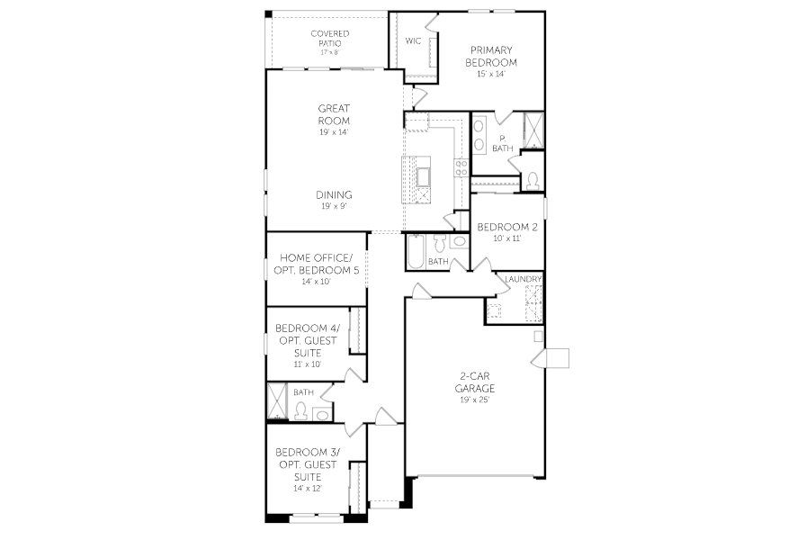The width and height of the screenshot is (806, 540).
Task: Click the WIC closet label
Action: coord(414,41)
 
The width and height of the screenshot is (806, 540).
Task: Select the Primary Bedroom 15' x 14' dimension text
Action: coord(490,74)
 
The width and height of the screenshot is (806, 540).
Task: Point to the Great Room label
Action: coord(334,114)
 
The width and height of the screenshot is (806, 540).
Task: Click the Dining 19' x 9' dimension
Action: coord(334,206)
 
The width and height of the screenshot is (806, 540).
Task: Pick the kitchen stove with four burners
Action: coord(461,166)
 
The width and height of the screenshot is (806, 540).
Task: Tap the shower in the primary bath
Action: coord(533,130)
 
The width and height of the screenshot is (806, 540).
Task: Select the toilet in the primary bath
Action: coord(533,179)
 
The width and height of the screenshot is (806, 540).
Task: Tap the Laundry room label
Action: coord(524,280)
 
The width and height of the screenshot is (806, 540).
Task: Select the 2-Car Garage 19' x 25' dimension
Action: coord(474,399)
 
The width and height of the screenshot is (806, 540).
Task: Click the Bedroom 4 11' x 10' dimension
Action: coord(306,364)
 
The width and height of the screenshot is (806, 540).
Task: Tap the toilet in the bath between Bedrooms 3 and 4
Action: coord(301,411)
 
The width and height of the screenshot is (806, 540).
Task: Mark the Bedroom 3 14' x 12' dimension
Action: coord(306,488)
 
